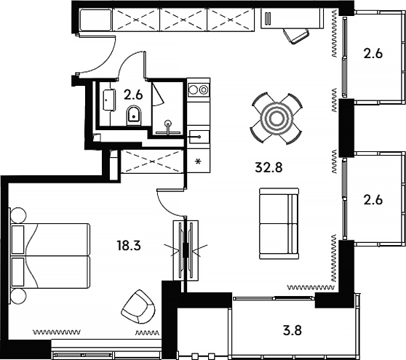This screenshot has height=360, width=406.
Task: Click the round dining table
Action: tap(276, 117)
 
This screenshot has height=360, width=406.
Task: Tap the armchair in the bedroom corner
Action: tap(138, 308)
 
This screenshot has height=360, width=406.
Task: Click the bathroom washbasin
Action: tap(108, 100)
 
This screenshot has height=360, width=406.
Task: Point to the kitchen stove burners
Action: tap(198, 90)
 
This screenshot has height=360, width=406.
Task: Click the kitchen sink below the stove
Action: tap(198, 135)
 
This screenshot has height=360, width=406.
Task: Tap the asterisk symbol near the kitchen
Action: tap(197, 161)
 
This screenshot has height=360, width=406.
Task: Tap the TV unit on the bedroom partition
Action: tap(186, 249)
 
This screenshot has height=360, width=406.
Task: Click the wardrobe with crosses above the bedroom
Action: tap(151, 161)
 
